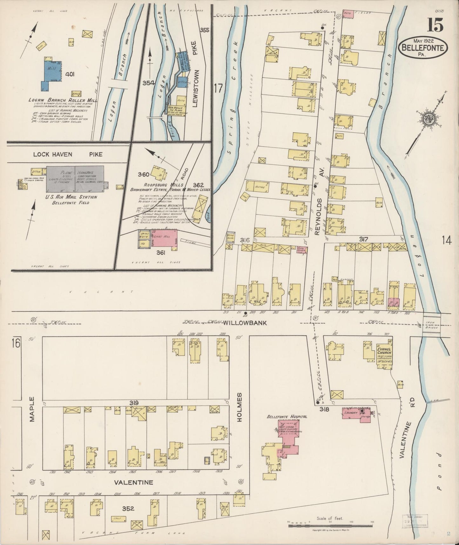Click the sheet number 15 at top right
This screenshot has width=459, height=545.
coord(435,25)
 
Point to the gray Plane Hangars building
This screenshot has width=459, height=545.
coord(75,178)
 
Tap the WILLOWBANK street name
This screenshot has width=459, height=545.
coord(244,323)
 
